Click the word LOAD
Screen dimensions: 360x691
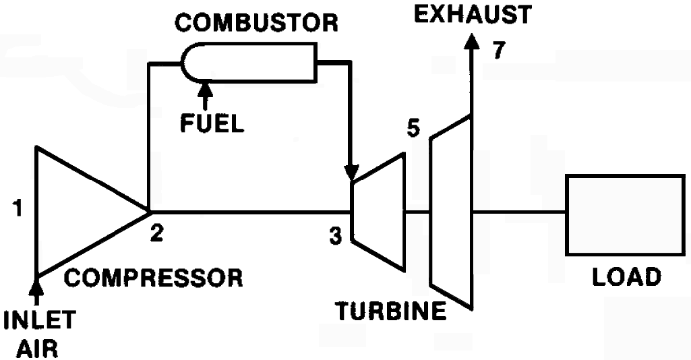point(626,276)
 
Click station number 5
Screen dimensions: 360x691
point(414,128)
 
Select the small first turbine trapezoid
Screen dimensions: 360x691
point(379,212)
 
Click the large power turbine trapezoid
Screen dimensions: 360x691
point(450,212)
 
